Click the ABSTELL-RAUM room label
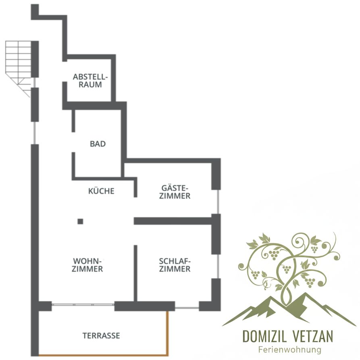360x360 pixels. point(90,81)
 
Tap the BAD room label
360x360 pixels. point(98,144)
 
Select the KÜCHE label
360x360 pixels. point(101,191)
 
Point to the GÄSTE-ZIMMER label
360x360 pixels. point(175,192)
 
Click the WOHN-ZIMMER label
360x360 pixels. point(87,265)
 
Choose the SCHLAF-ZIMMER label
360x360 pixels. point(175,265)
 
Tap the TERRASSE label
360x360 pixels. point(101,336)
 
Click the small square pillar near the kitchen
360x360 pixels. point(80,221)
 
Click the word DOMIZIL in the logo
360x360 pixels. point(264,336)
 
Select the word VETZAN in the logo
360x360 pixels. point(313,336)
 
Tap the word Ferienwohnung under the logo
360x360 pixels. point(290,350)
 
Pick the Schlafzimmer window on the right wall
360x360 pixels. point(218,266)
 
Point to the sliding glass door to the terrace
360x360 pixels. point(83,305)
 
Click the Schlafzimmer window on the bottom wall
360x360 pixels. point(187,308)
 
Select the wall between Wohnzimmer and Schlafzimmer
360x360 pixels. point(135,273)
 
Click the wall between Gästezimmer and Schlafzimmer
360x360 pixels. point(173,221)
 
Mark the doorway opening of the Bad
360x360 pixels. point(73,142)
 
